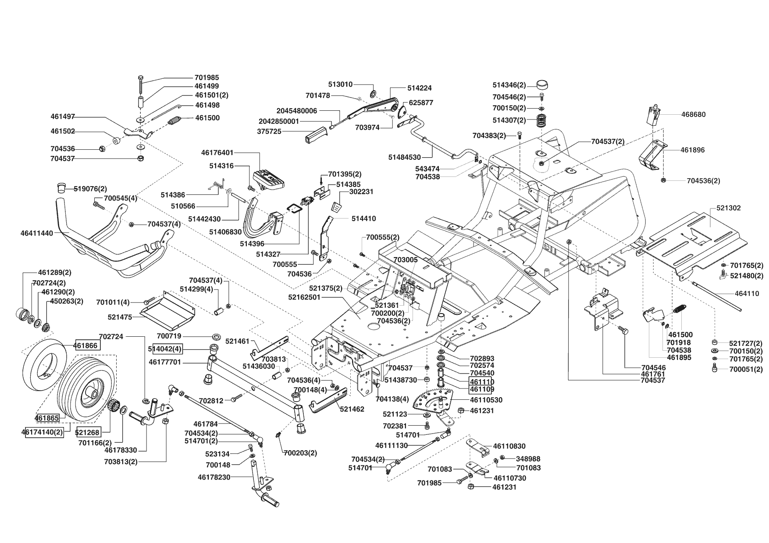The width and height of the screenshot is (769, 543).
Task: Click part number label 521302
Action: [728, 208]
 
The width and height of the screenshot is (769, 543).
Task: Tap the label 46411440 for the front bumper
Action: [36, 233]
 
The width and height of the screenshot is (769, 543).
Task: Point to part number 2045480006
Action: [296, 111]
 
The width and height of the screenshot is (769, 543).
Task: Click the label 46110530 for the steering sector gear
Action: [486, 400]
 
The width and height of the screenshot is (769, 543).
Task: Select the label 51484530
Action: [404, 157]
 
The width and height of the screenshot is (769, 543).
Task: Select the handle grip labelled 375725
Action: [315, 134]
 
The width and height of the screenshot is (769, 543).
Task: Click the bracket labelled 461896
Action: [653, 157]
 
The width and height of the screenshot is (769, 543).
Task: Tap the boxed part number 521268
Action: [88, 432]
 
